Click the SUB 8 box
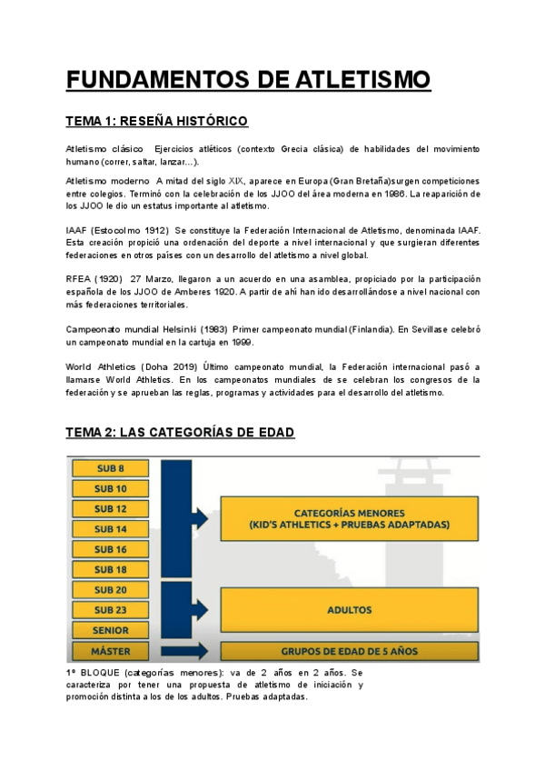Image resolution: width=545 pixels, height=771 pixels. (x=110, y=468)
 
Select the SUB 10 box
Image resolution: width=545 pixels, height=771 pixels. (x=110, y=488)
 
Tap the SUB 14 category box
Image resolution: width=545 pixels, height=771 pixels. (x=110, y=528)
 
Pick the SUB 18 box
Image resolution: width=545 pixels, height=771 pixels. (x=110, y=569)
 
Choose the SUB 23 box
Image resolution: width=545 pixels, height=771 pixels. (x=110, y=609)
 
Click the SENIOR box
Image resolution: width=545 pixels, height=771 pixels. (x=110, y=629)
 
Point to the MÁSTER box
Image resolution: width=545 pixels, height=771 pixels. (x=110, y=651)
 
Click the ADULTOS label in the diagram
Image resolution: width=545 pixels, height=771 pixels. (x=350, y=609)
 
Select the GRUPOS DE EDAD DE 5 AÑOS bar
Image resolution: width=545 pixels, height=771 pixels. (x=350, y=651)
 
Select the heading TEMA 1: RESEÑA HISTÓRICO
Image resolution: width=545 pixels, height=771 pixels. (x=156, y=122)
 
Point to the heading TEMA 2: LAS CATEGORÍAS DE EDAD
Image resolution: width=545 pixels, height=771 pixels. (x=180, y=433)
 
